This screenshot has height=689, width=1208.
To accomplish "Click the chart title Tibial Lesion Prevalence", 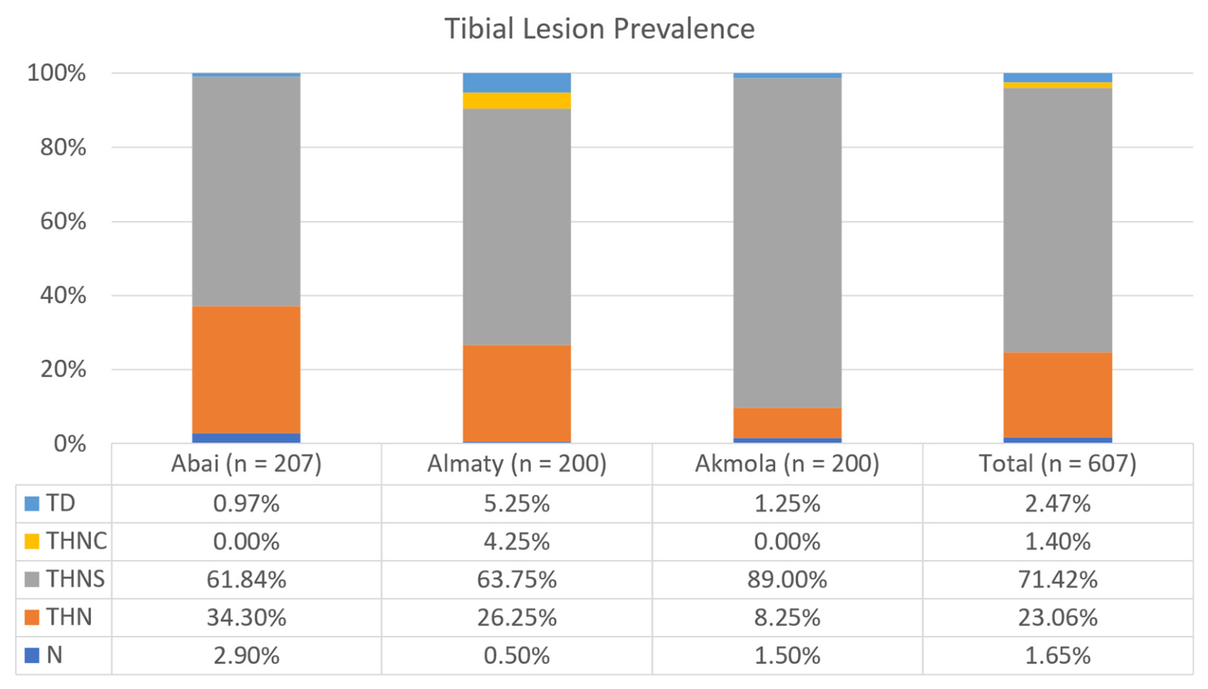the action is pos(599,29).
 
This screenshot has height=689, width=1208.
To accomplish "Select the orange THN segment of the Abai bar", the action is pos(247,370).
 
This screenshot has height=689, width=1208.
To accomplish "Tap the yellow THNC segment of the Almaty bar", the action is pos(517,101).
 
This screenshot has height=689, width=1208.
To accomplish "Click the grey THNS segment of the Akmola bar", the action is pos(787,243).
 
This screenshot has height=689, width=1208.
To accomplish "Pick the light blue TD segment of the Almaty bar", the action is pos(517,83).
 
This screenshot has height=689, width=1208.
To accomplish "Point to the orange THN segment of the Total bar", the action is pos(1058,395).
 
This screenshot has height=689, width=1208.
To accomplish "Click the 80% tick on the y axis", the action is pos(63,147).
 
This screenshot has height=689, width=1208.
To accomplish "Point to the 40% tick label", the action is pos(63,296).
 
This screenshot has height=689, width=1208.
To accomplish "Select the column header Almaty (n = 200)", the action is pos(517,464).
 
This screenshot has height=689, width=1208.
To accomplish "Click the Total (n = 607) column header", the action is pos(1058,464).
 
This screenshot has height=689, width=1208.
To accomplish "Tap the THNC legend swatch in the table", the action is pos(32,541).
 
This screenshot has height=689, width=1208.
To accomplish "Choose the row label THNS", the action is pos(75,579).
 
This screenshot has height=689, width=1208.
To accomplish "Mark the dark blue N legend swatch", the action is pos(32,656).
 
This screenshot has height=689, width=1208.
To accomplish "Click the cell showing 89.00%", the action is pos(787,580).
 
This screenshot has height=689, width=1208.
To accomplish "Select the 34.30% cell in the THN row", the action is pos(247,617).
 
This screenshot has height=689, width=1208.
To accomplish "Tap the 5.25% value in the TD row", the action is pos(517,503).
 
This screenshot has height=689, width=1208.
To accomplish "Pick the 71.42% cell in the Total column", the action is pos(1058,580).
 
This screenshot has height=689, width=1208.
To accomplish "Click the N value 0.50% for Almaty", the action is pos(517,656).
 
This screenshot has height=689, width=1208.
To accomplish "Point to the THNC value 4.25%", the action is pos(517,541).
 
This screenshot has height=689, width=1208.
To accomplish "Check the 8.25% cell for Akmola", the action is pos(787,617).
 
